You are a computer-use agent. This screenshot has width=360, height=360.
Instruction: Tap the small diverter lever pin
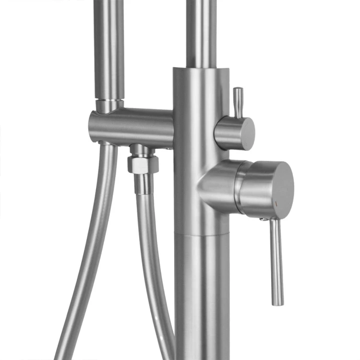click(x=238, y=101)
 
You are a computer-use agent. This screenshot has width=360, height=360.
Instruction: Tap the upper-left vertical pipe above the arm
click(x=109, y=48)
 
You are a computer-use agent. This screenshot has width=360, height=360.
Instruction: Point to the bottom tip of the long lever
click(x=278, y=302)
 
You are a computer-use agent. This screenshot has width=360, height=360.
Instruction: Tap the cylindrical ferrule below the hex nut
click(x=143, y=184)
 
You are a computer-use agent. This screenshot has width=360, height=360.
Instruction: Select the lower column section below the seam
click(x=202, y=298)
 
